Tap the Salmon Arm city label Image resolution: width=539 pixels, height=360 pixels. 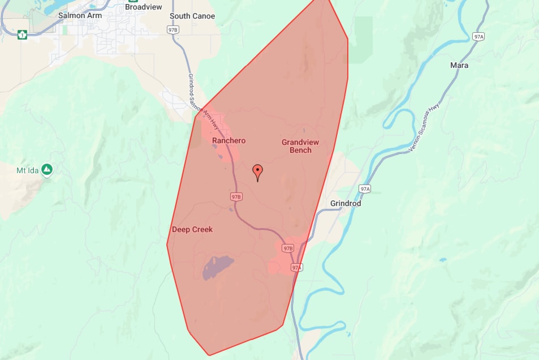point(80,16)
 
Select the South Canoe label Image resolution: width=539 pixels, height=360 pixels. point(192,16)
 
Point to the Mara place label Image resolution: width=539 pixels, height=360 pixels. point(459,65)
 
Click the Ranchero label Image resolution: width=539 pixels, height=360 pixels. point(229,140)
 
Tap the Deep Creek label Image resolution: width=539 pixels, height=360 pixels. point(192,229)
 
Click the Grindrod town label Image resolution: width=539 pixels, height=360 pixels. point(346,203)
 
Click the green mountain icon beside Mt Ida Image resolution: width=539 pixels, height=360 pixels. point(48,169)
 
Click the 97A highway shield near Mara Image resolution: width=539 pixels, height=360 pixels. point(478,36)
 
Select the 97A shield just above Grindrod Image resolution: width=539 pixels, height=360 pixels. point(365,188)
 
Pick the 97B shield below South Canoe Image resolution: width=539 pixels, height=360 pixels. point(174,29)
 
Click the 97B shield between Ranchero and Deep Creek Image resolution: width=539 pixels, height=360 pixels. point(236,196)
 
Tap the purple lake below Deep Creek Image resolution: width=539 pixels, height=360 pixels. point(218,267)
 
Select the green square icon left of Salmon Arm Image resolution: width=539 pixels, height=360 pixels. point(23,35)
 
